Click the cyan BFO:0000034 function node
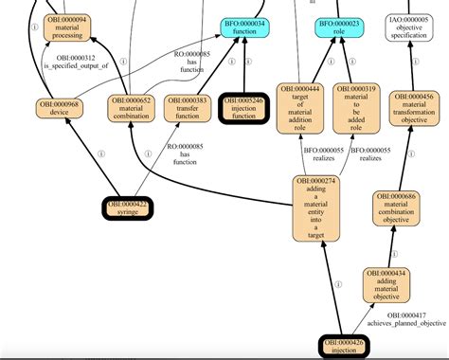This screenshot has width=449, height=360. click(245, 27)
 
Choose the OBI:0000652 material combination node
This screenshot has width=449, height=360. click(132, 107)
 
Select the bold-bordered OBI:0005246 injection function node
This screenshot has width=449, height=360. click(246, 106)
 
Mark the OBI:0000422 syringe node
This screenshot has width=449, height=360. click(128, 207)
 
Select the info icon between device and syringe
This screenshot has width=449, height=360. click(99, 153)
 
